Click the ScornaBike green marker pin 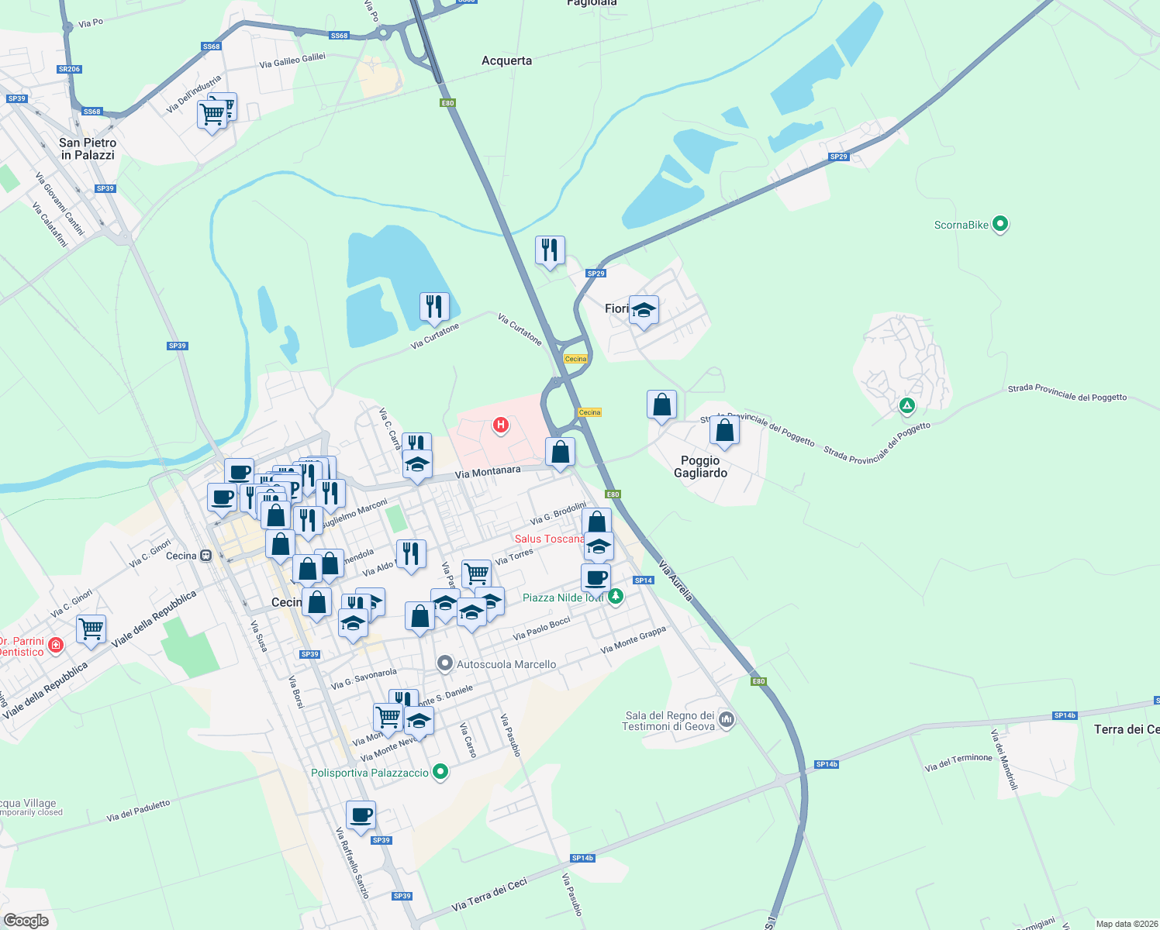tap(1000, 225)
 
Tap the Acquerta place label tap(506, 60)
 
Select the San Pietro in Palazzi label tap(88, 149)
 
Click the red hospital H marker tap(501, 425)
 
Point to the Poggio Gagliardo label tap(700, 467)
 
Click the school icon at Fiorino tap(644, 310)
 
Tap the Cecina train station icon tap(205, 556)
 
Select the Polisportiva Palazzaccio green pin tap(440, 772)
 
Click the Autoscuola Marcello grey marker tap(445, 663)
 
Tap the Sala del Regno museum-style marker tap(727, 720)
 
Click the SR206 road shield tap(69, 69)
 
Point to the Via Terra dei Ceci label tap(489, 894)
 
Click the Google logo tap(26, 920)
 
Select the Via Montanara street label tap(488, 472)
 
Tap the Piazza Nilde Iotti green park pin tap(616, 596)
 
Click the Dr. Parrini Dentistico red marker tap(55, 645)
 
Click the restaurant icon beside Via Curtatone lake tap(434, 307)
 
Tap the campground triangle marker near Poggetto tap(906, 405)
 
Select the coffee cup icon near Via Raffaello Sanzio tap(361, 815)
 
